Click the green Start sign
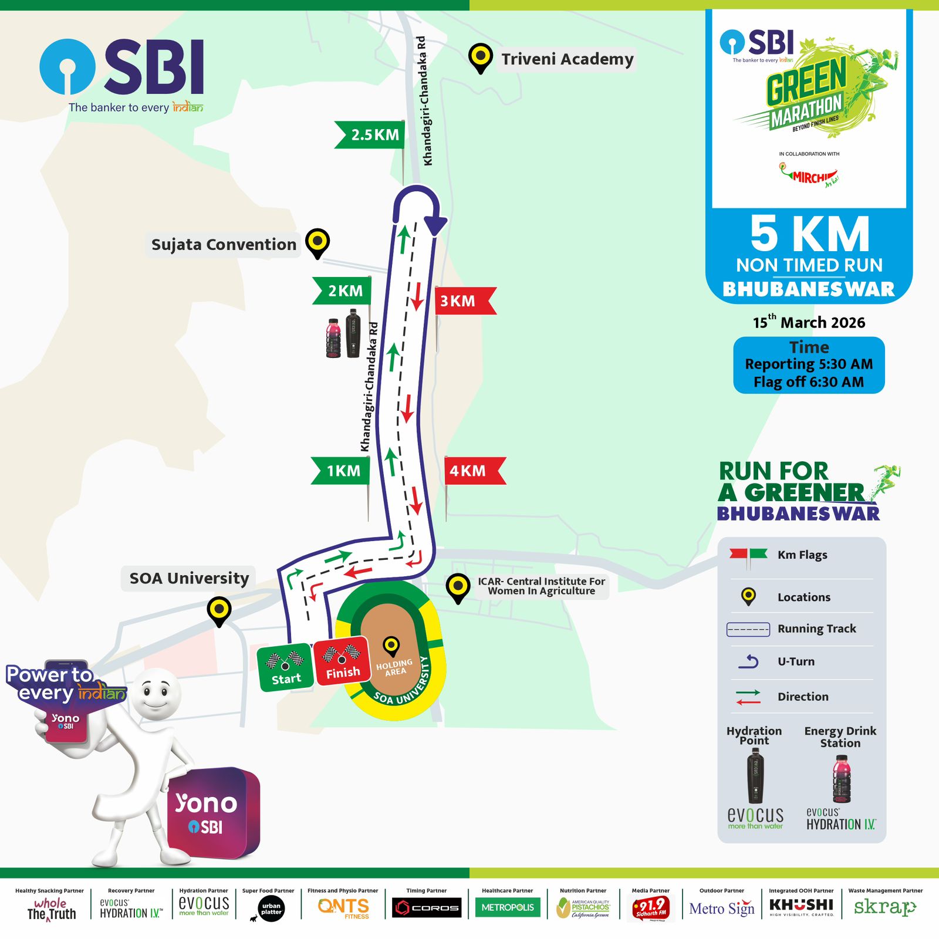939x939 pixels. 285,668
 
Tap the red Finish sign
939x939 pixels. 342,661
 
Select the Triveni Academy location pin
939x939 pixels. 481,58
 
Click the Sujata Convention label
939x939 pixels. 224,245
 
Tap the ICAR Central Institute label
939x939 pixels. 541,586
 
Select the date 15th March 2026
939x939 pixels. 809,322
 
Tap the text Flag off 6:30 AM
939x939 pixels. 809,382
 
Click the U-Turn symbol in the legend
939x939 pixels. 749,661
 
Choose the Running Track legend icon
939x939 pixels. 748,629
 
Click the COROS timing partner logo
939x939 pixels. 427,907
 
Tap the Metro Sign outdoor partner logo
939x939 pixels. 721,908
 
